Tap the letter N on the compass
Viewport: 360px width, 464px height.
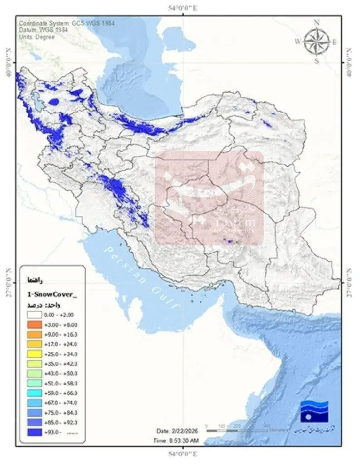317,22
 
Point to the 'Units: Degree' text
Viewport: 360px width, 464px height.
37,37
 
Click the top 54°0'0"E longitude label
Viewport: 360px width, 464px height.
182,8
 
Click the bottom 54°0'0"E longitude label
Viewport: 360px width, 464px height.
182,454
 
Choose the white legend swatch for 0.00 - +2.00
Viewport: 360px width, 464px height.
34,314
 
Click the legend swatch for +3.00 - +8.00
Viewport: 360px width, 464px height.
34,324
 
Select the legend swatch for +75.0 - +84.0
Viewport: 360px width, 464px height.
34,413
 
